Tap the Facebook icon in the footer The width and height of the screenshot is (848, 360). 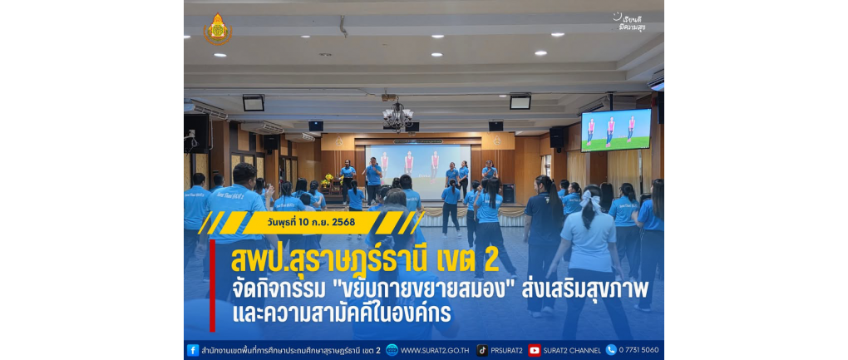(193, 350)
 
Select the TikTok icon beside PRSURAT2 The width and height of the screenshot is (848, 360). (482, 350)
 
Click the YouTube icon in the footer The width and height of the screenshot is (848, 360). (535, 350)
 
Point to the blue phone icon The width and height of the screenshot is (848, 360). (611, 350)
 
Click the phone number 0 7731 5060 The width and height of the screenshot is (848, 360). (639, 350)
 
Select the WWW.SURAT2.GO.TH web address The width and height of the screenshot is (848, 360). (436, 350)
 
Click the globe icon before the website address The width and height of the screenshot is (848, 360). (392, 350)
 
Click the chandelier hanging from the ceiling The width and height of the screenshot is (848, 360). (397, 115)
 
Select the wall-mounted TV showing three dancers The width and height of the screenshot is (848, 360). (616, 131)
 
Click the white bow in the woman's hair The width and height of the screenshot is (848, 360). (590, 200)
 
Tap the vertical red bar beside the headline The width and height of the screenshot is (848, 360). (213, 285)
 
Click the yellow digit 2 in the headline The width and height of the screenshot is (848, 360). (491, 260)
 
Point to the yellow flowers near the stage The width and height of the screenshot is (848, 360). (328, 178)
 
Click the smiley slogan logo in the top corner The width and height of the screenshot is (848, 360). (629, 22)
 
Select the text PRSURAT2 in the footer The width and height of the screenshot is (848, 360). (507, 350)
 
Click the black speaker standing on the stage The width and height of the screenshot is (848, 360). (508, 193)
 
